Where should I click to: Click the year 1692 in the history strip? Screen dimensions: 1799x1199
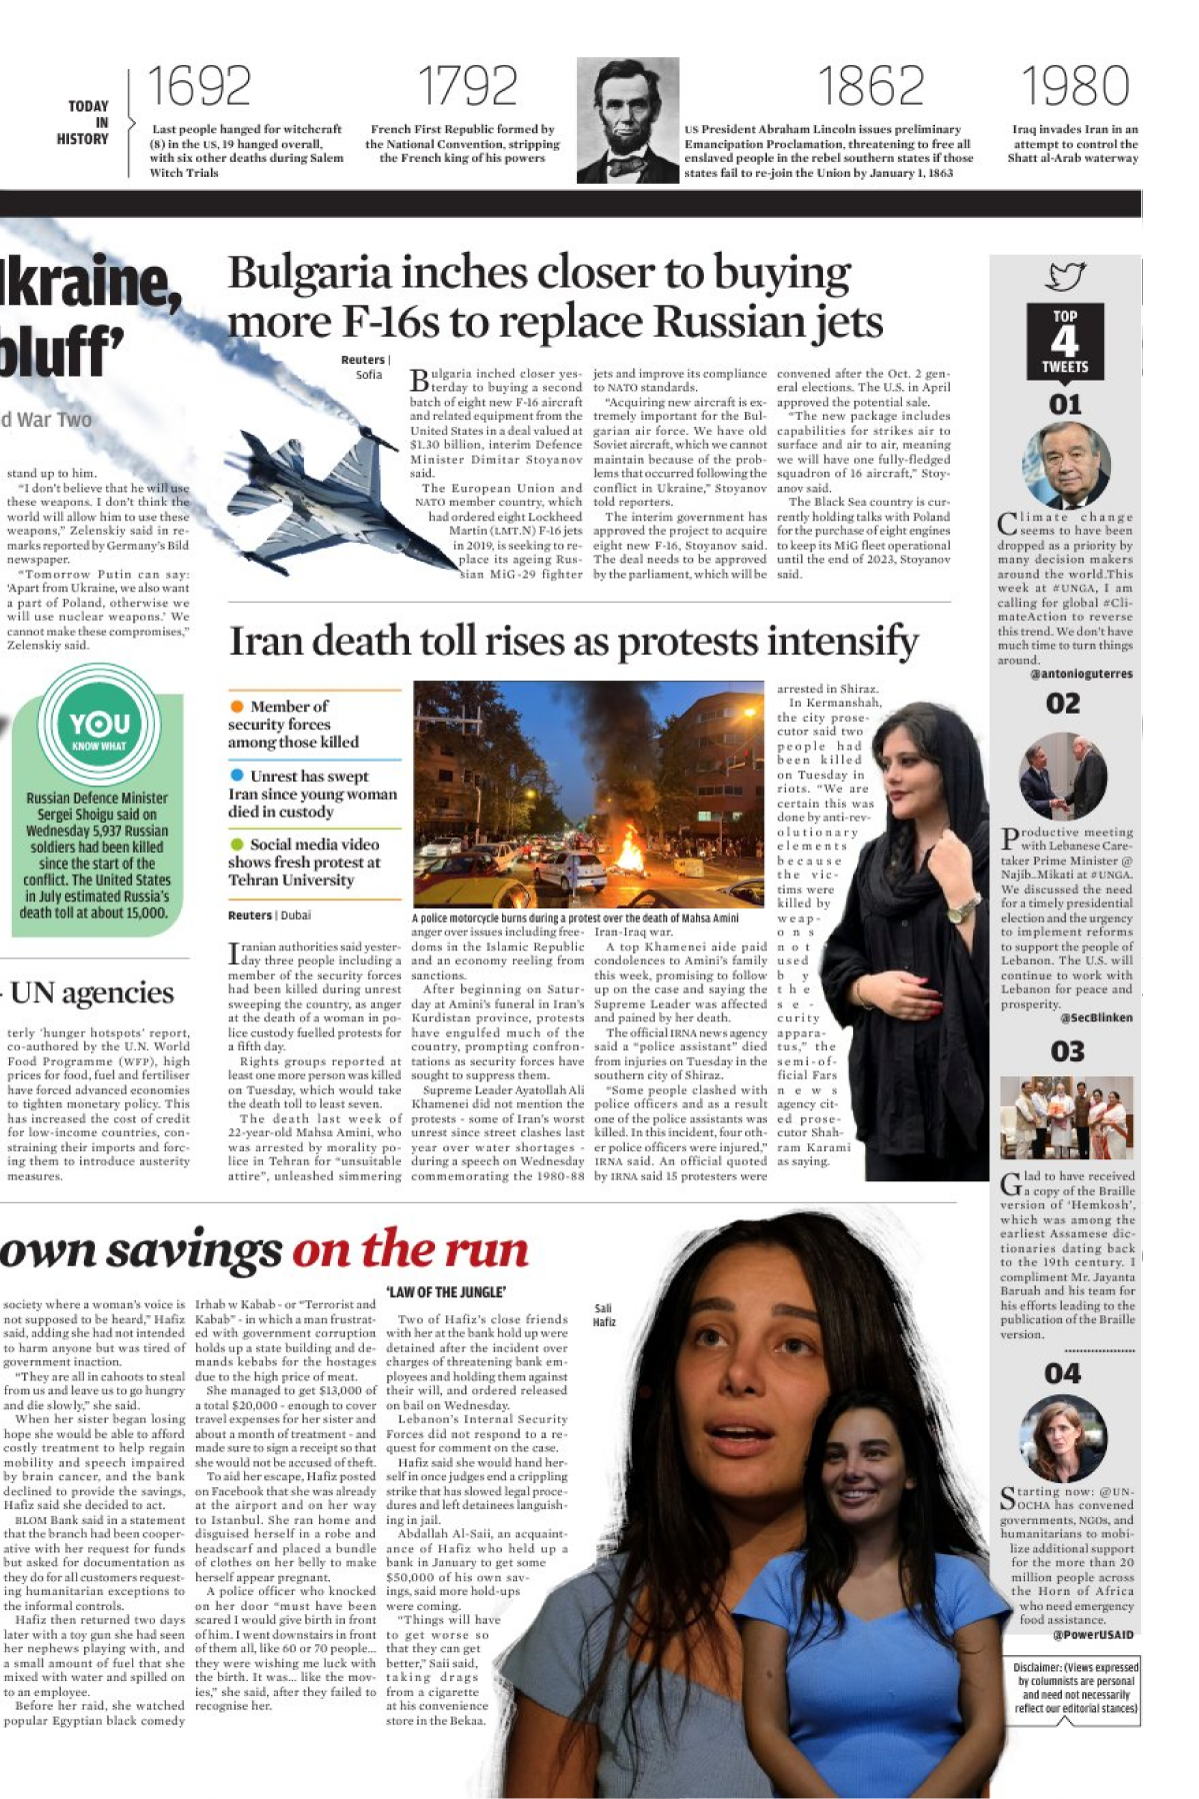(x=199, y=86)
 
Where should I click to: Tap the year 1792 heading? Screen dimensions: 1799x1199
(x=467, y=86)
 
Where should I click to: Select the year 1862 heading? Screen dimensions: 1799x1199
(x=870, y=86)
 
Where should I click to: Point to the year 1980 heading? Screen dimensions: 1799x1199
(x=1075, y=86)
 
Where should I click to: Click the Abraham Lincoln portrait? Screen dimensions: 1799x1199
(x=627, y=120)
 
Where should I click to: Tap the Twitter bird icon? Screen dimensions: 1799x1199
(x=1065, y=275)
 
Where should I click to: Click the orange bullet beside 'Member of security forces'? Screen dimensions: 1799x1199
(x=237, y=707)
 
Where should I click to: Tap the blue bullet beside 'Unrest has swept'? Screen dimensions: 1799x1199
(x=237, y=776)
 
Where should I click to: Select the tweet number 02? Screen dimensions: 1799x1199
(x=1063, y=704)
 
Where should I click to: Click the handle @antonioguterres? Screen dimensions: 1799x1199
(x=1081, y=674)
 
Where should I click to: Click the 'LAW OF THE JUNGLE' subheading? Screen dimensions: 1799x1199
(x=446, y=1292)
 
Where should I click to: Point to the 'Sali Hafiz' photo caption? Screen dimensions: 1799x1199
(x=604, y=1314)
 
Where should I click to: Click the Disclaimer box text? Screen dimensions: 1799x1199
(x=1075, y=1688)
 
